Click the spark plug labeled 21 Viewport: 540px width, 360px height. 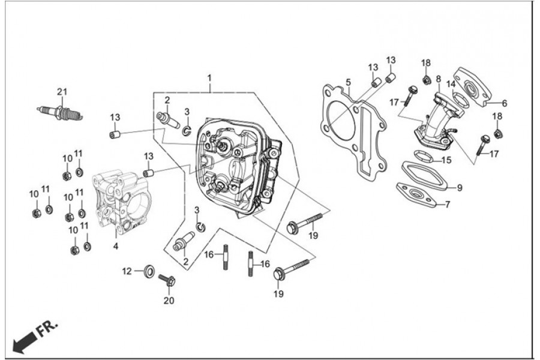pyautogui.click(x=60, y=112)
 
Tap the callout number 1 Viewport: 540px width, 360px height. pyautogui.click(x=210, y=79)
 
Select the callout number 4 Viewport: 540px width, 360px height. pyautogui.click(x=116, y=246)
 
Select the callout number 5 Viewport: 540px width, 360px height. pyautogui.click(x=348, y=82)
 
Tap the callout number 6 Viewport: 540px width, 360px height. pyautogui.click(x=504, y=103)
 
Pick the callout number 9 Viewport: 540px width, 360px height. pyautogui.click(x=460, y=188)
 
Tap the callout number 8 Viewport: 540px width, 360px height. pyautogui.click(x=439, y=79)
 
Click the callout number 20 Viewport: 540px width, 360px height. pyautogui.click(x=169, y=301)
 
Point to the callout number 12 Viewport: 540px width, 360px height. pyautogui.click(x=127, y=271)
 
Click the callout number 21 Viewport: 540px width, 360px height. pyautogui.click(x=61, y=92)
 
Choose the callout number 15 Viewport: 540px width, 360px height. pyautogui.click(x=445, y=160)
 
